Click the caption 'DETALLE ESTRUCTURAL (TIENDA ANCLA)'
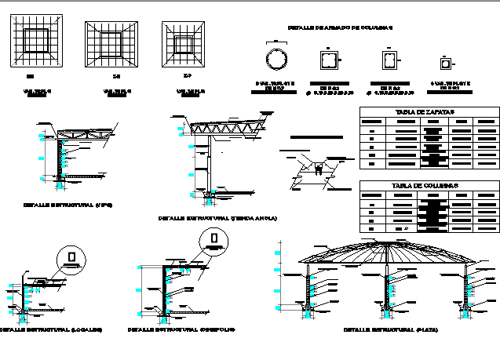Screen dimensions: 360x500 click(218, 217)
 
